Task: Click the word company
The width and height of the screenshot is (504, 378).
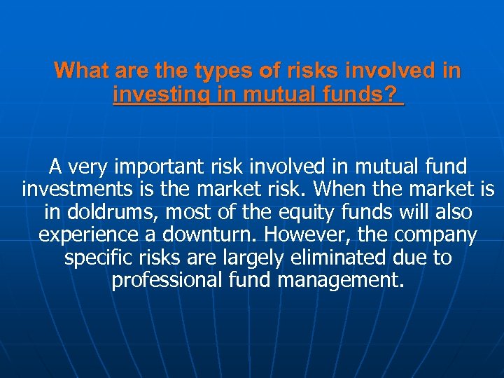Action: (x=440, y=234)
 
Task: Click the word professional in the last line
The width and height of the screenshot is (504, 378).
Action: (x=167, y=280)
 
